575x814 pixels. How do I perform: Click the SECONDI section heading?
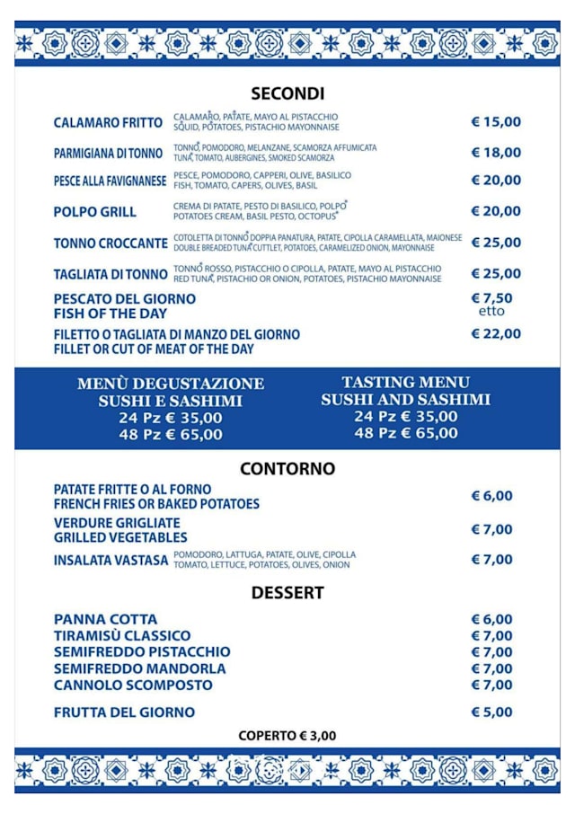coord(287,93)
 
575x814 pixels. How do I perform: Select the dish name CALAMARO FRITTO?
coord(108,122)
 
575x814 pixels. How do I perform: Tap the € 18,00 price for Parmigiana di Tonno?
coord(496,153)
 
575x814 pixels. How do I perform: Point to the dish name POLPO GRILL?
coord(95,212)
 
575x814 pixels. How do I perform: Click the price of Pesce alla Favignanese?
coord(496,181)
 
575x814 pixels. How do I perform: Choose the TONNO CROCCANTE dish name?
coord(111,243)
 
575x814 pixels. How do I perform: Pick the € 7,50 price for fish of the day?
coord(492,298)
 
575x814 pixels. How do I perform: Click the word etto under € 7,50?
coord(491,312)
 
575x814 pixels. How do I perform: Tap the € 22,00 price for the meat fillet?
coord(496,333)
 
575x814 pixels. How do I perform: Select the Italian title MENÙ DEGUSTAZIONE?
coord(171,384)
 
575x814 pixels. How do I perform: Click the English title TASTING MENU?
coord(405,382)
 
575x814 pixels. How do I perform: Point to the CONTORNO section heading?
coord(287,468)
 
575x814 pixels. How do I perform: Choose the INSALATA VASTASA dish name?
coord(111,561)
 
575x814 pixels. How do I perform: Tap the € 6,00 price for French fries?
coord(492,496)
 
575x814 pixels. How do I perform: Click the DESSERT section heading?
coord(287,593)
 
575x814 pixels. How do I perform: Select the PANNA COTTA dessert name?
coord(105,619)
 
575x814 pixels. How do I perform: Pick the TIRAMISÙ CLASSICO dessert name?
coord(122,636)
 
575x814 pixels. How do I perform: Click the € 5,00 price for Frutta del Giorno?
coord(492,712)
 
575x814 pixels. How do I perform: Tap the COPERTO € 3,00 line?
coord(287,736)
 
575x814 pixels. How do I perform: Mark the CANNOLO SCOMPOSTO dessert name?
coord(133,685)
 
